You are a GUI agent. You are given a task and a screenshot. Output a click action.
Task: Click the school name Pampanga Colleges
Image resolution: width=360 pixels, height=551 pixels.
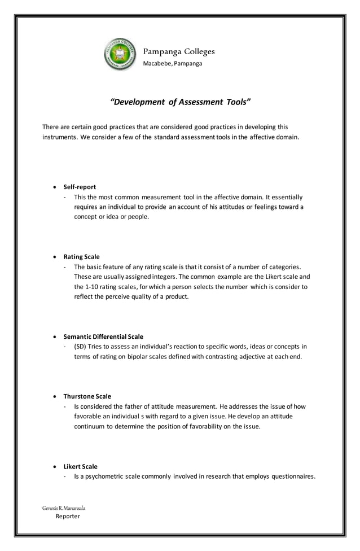pyautogui.click(x=179, y=51)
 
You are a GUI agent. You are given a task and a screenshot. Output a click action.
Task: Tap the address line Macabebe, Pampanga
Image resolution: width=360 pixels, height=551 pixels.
pyautogui.click(x=172, y=63)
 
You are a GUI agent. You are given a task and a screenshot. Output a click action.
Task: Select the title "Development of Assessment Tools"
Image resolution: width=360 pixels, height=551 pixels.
pyautogui.click(x=179, y=102)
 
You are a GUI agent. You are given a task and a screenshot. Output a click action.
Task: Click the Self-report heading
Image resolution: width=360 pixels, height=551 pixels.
pyautogui.click(x=80, y=186)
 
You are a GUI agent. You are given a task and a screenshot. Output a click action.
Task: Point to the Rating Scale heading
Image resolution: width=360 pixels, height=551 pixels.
pyautogui.click(x=81, y=256)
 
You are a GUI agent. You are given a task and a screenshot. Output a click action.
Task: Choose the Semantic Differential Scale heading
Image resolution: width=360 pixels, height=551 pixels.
pyautogui.click(x=103, y=336)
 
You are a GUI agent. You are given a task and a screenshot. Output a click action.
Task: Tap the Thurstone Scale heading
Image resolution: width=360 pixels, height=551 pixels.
pyautogui.click(x=87, y=396)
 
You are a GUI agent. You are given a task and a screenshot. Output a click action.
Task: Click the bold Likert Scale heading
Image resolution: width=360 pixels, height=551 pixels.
pyautogui.click(x=80, y=466)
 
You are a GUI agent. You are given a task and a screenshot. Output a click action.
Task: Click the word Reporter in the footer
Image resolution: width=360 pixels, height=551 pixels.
pyautogui.click(x=68, y=517)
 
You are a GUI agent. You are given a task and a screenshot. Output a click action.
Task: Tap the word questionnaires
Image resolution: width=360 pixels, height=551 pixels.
pyautogui.click(x=287, y=476)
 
